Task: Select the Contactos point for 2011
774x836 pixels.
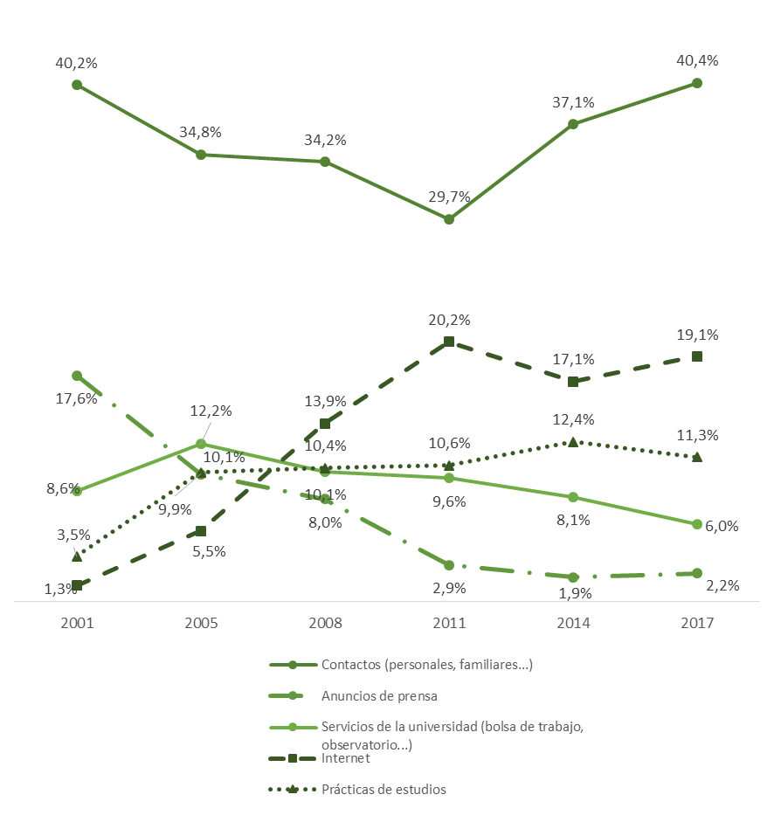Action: [449, 219]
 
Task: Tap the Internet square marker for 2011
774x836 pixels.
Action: [449, 342]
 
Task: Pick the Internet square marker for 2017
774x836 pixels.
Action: [697, 356]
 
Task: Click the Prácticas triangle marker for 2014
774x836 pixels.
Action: [573, 442]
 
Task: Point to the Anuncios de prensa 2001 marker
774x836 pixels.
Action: [77, 376]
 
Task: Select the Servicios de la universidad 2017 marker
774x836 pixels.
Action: [697, 524]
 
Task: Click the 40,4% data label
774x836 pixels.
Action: [697, 61]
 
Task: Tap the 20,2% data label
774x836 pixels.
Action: [449, 320]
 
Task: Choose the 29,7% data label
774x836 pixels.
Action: [449, 197]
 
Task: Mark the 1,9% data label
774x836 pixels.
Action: [575, 593]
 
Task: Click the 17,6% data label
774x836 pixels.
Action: [74, 399]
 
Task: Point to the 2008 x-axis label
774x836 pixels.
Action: [325, 624]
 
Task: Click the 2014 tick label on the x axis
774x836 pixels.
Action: [573, 624]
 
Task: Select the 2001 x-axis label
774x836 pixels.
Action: [77, 624]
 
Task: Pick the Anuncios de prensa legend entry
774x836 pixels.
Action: [378, 696]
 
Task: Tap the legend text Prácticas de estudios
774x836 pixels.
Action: [384, 789]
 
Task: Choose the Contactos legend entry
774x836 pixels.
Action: [426, 665]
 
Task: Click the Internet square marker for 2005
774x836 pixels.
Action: [201, 531]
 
